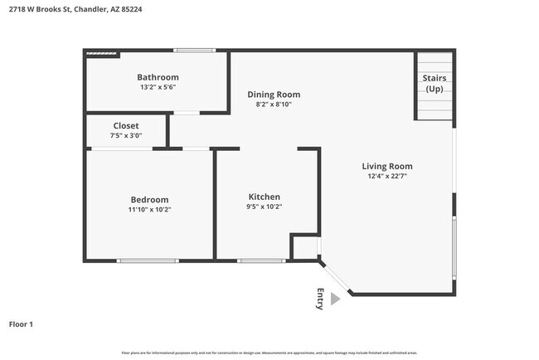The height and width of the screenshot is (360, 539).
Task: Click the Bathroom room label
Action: (x=158, y=77)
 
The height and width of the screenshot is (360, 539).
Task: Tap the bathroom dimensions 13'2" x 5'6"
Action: (x=158, y=87)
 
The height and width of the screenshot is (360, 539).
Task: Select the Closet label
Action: (x=126, y=125)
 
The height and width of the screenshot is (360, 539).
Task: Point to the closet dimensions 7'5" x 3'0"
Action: (x=126, y=135)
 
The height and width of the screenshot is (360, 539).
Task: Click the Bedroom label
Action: (x=149, y=199)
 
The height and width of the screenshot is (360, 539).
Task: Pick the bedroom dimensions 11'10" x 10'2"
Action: (x=149, y=209)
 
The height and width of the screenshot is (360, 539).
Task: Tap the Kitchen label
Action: (x=264, y=197)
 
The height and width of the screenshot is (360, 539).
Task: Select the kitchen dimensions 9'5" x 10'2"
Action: (x=264, y=207)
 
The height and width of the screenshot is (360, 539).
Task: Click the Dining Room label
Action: (x=274, y=95)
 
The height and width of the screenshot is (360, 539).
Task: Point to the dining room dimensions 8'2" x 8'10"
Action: (x=274, y=105)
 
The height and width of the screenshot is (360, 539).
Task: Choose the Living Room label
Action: (x=387, y=166)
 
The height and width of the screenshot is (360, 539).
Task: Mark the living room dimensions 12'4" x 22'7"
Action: (x=387, y=176)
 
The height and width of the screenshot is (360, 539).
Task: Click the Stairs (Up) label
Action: (x=434, y=83)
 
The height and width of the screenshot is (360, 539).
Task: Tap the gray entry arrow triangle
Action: (x=335, y=299)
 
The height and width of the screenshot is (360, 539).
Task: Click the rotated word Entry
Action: (x=320, y=299)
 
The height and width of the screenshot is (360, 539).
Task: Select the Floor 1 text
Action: (x=21, y=324)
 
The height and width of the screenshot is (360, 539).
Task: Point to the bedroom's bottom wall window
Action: (x=148, y=261)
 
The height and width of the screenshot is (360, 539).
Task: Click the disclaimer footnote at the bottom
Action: (x=269, y=353)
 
